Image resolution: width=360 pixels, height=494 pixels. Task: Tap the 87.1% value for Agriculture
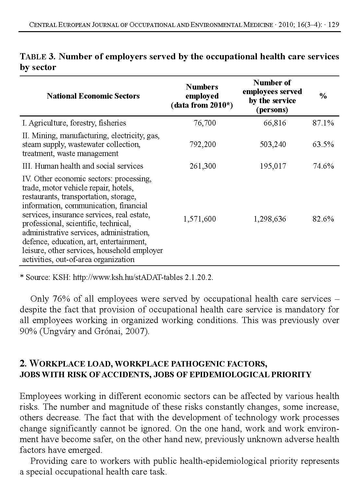pos(323,123)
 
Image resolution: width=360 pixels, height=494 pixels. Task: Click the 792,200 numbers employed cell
pos(202,144)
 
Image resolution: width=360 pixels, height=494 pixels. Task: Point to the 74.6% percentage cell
pos(323,166)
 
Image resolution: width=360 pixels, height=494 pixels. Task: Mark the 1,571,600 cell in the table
pos(199,219)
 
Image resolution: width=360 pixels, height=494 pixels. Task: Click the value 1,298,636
pos(270,219)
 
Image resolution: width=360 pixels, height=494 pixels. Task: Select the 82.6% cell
pos(323,219)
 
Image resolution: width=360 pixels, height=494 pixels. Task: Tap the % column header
pos(323,96)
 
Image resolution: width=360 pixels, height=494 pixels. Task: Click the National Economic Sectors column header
pos(93,96)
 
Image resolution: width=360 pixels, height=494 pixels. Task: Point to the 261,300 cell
pos(202,166)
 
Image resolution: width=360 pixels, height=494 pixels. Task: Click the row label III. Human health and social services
pos(83,166)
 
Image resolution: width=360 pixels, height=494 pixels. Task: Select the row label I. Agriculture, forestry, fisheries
pos(74,123)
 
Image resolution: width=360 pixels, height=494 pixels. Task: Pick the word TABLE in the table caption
pos(33,57)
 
